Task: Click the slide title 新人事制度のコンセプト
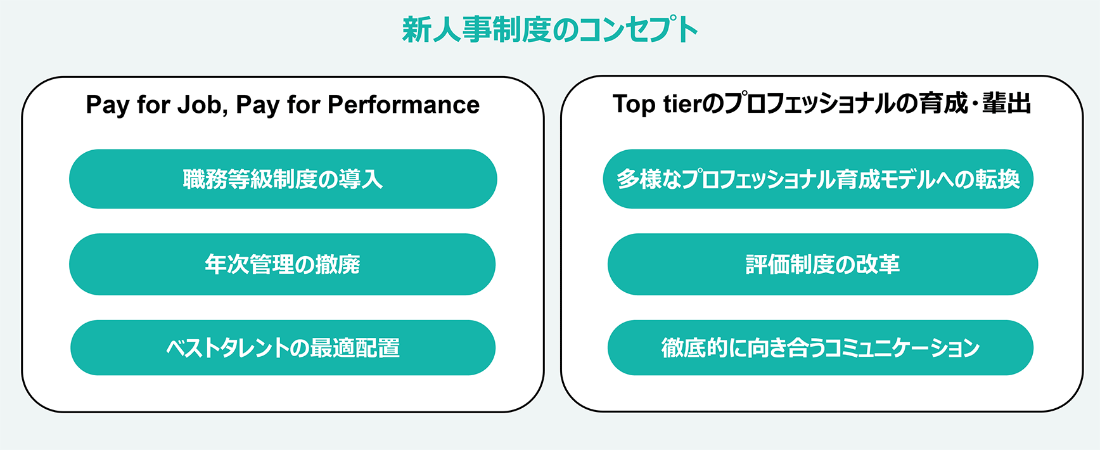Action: [550, 30]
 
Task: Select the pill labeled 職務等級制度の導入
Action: [283, 179]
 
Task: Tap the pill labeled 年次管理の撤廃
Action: [282, 264]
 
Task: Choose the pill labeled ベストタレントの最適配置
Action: [283, 348]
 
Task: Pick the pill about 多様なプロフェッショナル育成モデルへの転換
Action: [818, 179]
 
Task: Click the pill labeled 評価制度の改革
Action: [822, 264]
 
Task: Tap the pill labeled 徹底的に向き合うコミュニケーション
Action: [821, 348]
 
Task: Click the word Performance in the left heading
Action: [404, 105]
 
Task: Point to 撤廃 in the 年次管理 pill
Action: [338, 264]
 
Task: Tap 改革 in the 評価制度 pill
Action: [878, 264]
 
